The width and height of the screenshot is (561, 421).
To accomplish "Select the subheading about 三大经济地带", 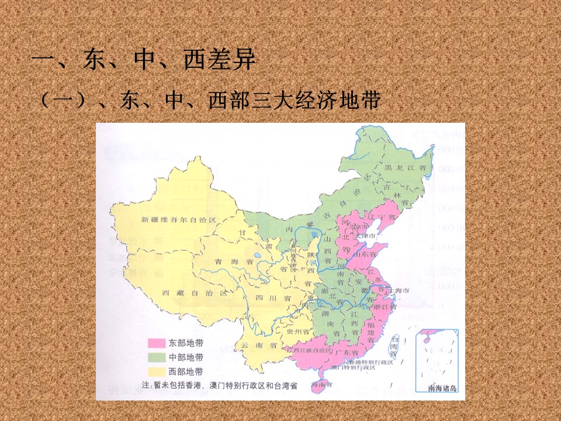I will (x=210, y=101).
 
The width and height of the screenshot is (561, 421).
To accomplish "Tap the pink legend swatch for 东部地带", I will (x=156, y=343).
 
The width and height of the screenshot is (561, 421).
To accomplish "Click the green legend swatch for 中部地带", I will (x=156, y=357).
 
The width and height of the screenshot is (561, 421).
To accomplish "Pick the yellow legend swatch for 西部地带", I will (x=156, y=372).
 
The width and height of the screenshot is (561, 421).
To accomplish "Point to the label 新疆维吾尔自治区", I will (x=179, y=220).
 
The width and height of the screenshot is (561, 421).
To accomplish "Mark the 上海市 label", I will (x=400, y=291).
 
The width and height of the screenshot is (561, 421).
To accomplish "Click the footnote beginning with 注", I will (x=219, y=385).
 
